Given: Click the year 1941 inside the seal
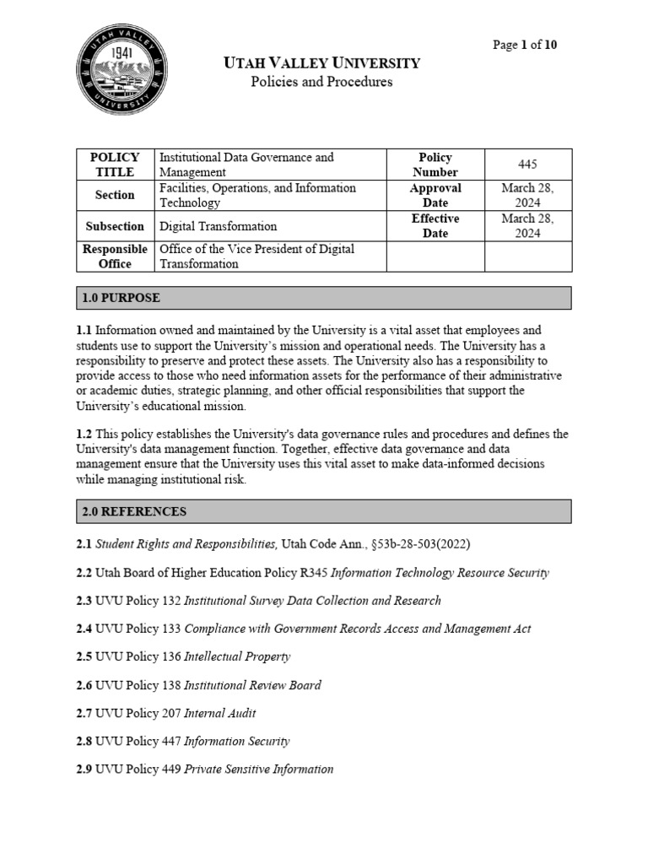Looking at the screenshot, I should pyautogui.click(x=122, y=53).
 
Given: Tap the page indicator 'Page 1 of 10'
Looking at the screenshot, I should pyautogui.click(x=524, y=45).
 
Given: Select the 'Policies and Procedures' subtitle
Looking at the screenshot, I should pyautogui.click(x=321, y=82).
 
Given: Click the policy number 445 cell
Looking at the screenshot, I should pyautogui.click(x=528, y=164).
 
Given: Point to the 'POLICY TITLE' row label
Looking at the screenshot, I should pyautogui.click(x=115, y=164).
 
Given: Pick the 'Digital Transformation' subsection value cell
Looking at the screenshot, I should pyautogui.click(x=218, y=226).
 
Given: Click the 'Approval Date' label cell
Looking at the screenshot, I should pyautogui.click(x=435, y=195).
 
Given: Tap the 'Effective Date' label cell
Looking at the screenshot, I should pyautogui.click(x=435, y=226).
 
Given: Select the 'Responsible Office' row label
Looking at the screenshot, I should pyautogui.click(x=115, y=256).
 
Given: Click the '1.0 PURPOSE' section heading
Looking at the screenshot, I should pyautogui.click(x=121, y=298).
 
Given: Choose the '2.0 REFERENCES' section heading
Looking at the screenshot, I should pyautogui.click(x=134, y=511).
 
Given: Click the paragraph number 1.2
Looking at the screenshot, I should pyautogui.click(x=84, y=434).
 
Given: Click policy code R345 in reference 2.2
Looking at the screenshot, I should pyautogui.click(x=314, y=573).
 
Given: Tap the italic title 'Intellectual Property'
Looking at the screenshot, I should pyautogui.click(x=237, y=656).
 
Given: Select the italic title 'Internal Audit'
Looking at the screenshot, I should pyautogui.click(x=220, y=713).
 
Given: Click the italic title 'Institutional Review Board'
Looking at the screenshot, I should pyautogui.click(x=252, y=685).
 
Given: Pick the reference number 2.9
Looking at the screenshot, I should pyautogui.click(x=84, y=769).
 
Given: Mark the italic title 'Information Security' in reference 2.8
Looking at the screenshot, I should pyautogui.click(x=236, y=742).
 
